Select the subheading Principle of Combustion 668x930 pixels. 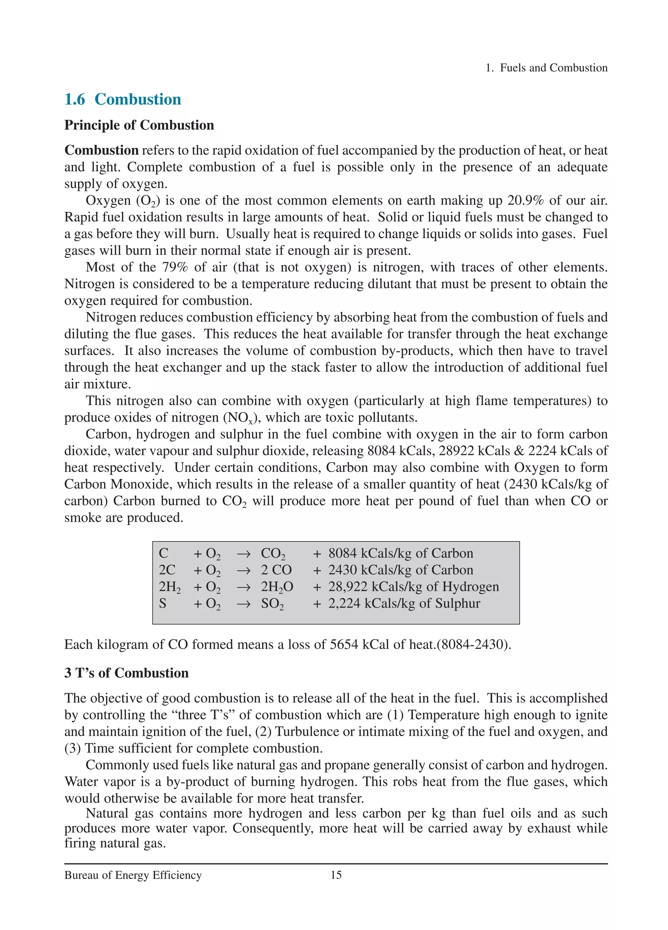tap(139, 125)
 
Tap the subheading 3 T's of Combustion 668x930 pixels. tap(126, 673)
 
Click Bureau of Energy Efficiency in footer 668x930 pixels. tap(133, 875)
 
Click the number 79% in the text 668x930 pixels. tap(175, 267)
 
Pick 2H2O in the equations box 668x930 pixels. tap(277, 587)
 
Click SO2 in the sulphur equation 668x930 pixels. tap(272, 603)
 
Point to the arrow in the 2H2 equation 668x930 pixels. tap(243, 587)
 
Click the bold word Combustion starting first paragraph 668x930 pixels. tap(101, 150)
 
